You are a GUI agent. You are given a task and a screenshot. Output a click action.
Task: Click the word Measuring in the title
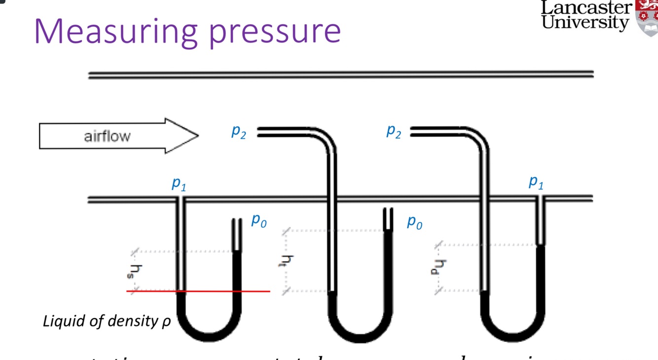coord(116,31)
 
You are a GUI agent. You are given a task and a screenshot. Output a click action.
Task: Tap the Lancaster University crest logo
coord(647,17)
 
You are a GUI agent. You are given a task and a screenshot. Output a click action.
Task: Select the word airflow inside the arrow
coord(107,136)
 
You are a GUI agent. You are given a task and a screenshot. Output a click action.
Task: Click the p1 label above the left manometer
coord(179,184)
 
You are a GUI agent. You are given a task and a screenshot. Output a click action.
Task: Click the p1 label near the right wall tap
coord(536,182)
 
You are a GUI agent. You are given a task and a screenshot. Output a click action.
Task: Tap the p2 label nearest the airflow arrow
coord(239,132)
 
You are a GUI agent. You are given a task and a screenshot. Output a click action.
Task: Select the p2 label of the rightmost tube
coord(394,131)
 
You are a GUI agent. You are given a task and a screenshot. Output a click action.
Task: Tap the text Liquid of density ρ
coord(107,322)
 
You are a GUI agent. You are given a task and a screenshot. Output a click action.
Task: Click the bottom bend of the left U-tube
coord(209,335)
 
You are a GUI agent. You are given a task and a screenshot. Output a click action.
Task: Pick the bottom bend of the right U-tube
coord(512,337)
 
